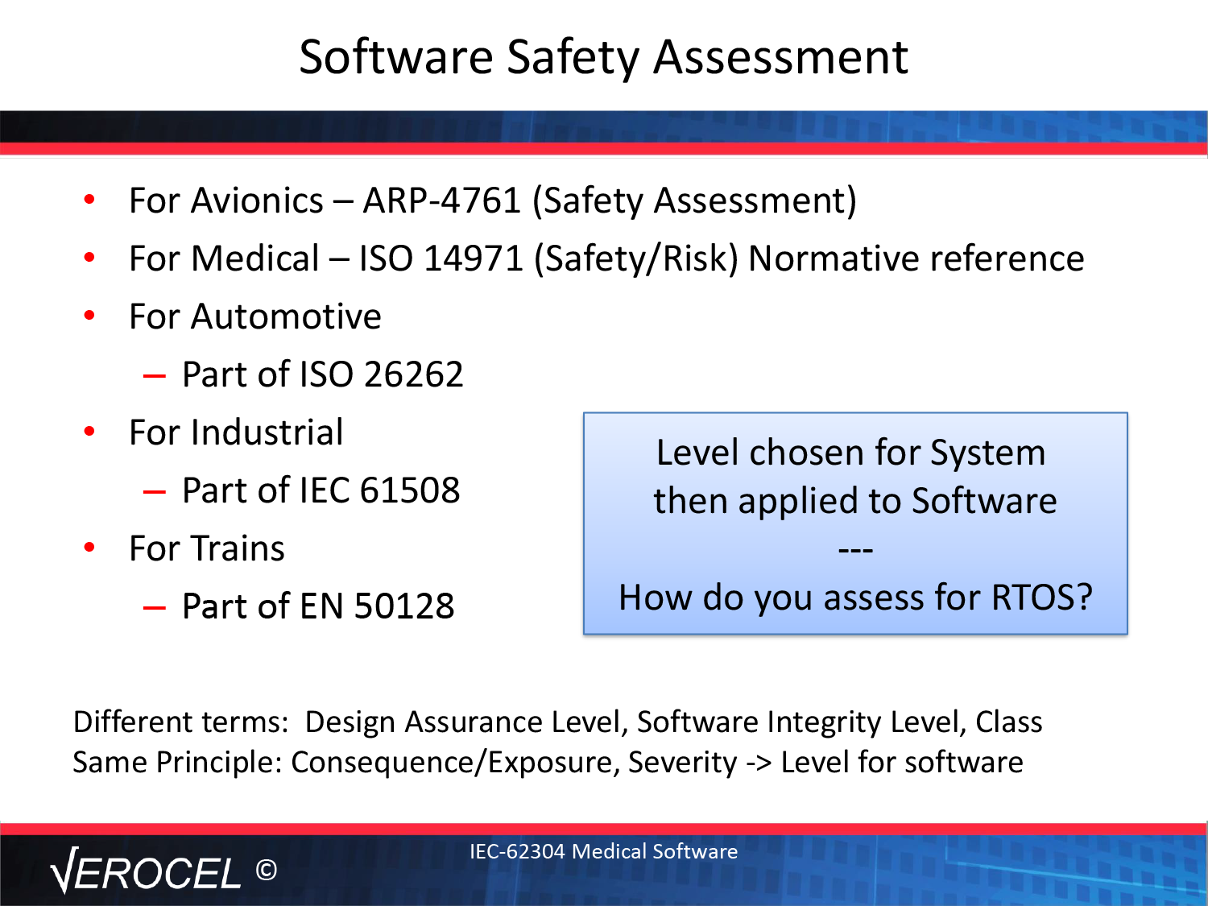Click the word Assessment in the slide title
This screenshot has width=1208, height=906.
[780, 57]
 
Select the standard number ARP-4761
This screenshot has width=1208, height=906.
[441, 200]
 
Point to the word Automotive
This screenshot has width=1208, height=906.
[286, 316]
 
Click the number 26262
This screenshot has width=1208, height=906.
[413, 374]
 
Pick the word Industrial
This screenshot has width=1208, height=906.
[267, 432]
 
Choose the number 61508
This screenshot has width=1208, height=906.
[410, 490]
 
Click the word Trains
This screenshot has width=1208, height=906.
[238, 548]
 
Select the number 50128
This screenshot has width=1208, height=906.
[404, 606]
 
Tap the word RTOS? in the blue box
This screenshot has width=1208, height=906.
[1041, 597]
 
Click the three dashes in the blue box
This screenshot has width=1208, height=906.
[855, 549]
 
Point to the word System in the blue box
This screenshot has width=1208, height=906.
[988, 453]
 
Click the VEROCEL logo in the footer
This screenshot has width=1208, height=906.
[146, 871]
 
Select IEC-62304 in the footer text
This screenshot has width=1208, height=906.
[517, 851]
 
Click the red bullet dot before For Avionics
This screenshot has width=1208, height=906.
[89, 199]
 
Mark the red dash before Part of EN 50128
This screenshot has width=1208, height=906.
[154, 608]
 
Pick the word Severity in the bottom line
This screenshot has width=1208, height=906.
[682, 763]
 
